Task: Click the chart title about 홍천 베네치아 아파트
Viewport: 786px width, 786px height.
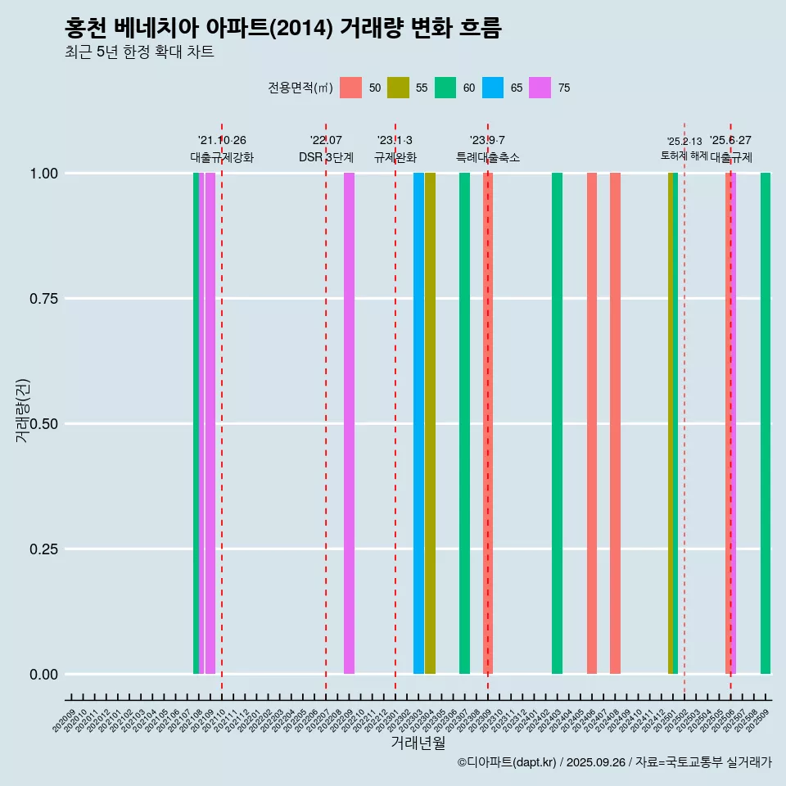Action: pyautogui.click(x=282, y=28)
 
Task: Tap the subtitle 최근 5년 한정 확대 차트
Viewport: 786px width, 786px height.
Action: pyautogui.click(x=139, y=52)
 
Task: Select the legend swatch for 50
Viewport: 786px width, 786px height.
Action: pyautogui.click(x=350, y=88)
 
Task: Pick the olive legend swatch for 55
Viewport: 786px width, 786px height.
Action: pyautogui.click(x=398, y=88)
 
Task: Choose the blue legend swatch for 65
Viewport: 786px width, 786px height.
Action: pyautogui.click(x=493, y=88)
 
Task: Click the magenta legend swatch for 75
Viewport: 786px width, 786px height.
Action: pyautogui.click(x=540, y=88)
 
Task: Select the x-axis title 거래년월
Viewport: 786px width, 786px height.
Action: pyautogui.click(x=418, y=743)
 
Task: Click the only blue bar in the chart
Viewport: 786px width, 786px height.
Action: pyautogui.click(x=418, y=423)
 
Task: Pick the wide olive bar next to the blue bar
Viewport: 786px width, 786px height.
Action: pyautogui.click(x=430, y=423)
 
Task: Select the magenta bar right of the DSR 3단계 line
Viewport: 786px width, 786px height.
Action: pyautogui.click(x=349, y=423)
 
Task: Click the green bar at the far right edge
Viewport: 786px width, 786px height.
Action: pyautogui.click(x=765, y=423)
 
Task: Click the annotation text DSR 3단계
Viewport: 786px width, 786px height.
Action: pyautogui.click(x=326, y=157)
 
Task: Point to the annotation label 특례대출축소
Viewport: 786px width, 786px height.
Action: pyautogui.click(x=488, y=157)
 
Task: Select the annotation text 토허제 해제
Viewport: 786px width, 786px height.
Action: pyautogui.click(x=684, y=156)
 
